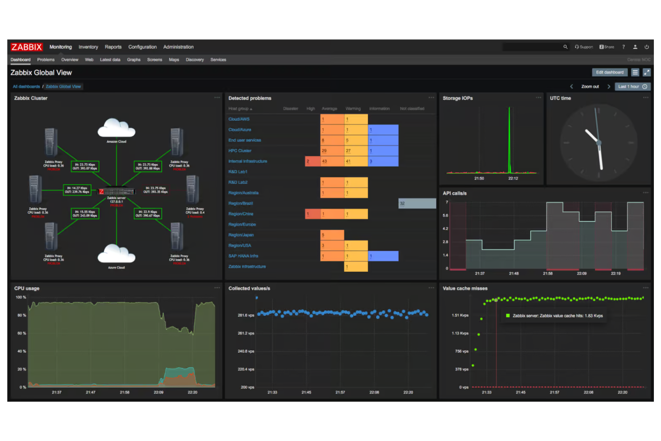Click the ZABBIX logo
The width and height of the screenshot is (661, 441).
[26, 47]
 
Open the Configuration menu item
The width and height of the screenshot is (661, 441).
[142, 47]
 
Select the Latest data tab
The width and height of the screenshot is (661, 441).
[110, 59]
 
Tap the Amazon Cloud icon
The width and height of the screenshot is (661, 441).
[116, 128]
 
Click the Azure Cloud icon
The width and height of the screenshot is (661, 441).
[116, 254]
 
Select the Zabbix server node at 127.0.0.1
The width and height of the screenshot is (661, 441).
[116, 191]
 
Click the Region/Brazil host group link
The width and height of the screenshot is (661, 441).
[241, 203]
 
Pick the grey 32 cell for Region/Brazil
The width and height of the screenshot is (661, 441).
[417, 203]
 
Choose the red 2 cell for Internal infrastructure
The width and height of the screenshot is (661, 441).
[312, 161]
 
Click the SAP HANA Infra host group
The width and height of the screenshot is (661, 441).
[243, 256]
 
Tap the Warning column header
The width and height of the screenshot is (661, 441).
[353, 109]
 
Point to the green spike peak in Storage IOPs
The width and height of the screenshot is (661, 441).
[509, 108]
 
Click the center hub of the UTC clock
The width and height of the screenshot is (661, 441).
[599, 143]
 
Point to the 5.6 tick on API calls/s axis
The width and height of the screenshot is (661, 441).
[445, 215]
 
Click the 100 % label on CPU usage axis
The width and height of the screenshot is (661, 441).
[21, 297]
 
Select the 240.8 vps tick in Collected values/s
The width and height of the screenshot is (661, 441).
[246, 351]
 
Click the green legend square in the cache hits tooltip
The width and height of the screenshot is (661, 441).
[508, 315]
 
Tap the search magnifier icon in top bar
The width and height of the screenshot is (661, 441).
[565, 47]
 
